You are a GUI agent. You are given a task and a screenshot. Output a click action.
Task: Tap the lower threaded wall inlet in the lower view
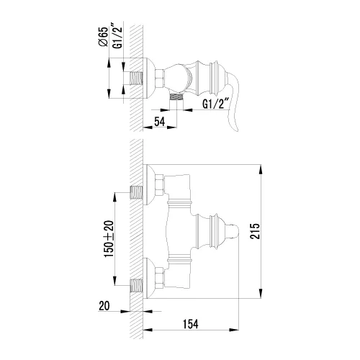(137, 284)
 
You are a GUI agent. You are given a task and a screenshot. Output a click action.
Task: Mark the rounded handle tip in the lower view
(232, 230)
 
